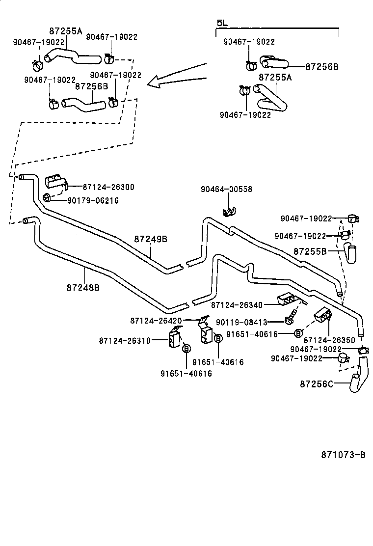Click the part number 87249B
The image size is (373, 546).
(x=151, y=239)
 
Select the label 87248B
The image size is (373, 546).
(x=83, y=287)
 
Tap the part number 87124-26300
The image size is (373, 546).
(x=108, y=187)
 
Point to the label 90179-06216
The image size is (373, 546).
(x=93, y=200)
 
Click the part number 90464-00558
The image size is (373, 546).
(x=226, y=189)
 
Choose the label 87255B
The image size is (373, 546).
(x=310, y=251)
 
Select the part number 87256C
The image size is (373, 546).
(x=317, y=383)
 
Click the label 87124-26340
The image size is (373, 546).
(x=237, y=305)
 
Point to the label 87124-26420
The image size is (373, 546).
(x=156, y=321)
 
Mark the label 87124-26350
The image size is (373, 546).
(x=329, y=340)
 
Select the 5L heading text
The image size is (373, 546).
(x=222, y=23)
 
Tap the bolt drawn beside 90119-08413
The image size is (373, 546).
(x=291, y=316)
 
